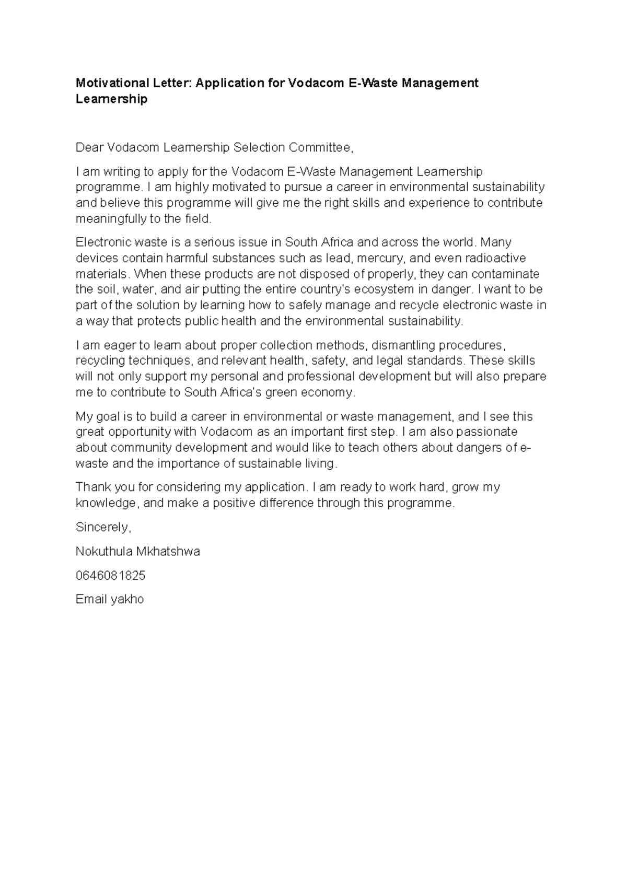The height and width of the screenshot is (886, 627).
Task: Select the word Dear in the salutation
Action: pos(89,148)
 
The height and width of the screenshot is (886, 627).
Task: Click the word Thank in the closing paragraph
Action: pos(93,487)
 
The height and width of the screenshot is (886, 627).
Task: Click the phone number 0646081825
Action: pos(110,575)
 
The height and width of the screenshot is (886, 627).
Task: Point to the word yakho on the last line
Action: pos(126,599)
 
